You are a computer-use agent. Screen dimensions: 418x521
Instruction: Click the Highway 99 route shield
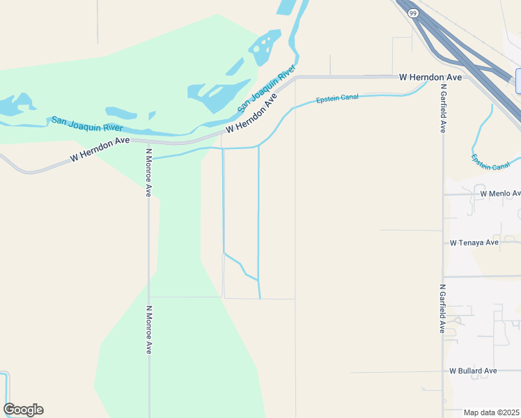(x=413, y=13)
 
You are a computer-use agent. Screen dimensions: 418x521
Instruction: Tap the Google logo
(x=23, y=410)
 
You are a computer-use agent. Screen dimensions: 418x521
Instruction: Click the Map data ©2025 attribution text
(x=492, y=412)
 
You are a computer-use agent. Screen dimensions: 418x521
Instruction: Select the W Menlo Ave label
(x=500, y=193)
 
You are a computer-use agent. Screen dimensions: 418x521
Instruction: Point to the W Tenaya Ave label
(x=474, y=242)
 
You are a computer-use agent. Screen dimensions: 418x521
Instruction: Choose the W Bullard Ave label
(x=473, y=371)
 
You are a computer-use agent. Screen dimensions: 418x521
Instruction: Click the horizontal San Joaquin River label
(x=87, y=124)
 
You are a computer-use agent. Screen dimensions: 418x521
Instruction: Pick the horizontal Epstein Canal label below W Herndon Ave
(x=337, y=98)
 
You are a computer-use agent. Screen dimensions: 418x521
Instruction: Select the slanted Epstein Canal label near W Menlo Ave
(x=490, y=162)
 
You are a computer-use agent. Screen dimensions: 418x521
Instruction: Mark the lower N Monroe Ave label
(x=148, y=329)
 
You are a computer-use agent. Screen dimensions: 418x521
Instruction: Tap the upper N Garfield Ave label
(x=443, y=108)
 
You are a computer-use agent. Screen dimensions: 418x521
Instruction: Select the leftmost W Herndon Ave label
(x=100, y=149)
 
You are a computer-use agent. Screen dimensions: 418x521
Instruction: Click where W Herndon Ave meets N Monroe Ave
(x=148, y=142)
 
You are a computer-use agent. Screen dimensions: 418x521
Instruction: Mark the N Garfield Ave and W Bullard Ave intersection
(x=444, y=372)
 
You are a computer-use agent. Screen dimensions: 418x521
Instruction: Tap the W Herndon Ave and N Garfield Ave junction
(x=444, y=77)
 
